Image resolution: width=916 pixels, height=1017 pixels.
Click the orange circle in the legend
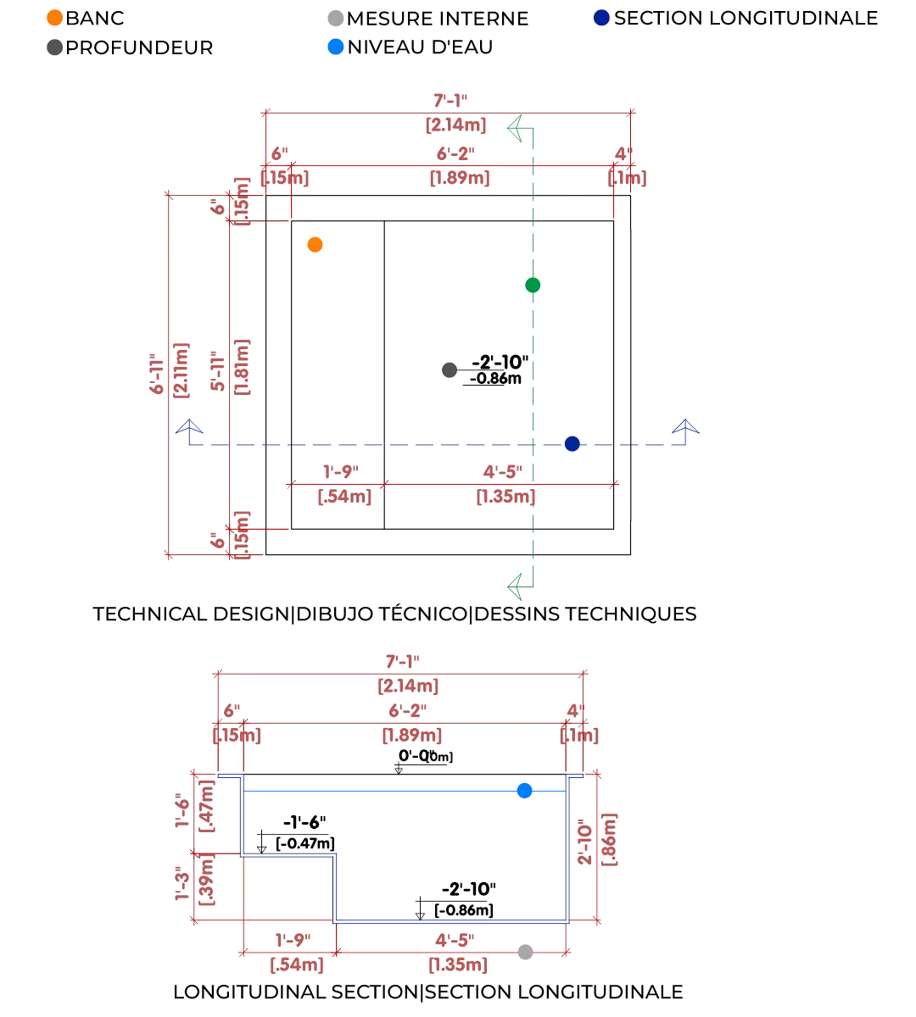[54, 17]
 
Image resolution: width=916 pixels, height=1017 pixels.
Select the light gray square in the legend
[336, 17]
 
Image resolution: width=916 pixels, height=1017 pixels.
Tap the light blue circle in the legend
[336, 45]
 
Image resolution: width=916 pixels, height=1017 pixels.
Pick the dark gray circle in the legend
[53, 47]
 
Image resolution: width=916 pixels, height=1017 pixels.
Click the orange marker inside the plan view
[316, 245]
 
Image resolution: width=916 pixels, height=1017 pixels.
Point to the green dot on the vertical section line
[532, 286]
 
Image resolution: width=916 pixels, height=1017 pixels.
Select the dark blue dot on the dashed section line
[572, 443]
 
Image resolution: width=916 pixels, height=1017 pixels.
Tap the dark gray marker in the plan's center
[450, 370]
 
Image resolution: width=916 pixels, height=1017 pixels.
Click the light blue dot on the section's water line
[525, 791]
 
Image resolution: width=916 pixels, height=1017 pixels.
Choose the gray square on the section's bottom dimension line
[525, 953]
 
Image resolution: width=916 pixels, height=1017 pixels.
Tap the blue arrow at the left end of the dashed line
[190, 425]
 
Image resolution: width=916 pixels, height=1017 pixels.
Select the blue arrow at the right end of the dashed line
[685, 425]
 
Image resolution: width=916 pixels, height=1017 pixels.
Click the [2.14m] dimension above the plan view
[455, 125]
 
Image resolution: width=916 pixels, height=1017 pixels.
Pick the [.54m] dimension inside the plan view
[343, 497]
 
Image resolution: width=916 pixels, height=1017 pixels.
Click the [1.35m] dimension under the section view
[458, 964]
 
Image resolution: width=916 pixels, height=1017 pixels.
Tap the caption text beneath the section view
[427, 992]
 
